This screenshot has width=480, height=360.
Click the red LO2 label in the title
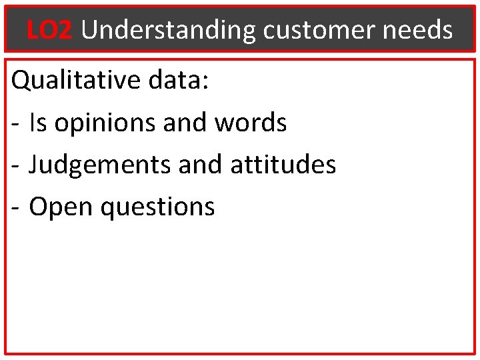[49, 30]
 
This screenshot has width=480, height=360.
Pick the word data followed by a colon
[177, 81]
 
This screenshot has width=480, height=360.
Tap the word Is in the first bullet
[38, 123]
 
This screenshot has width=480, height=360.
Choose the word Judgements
[99, 165]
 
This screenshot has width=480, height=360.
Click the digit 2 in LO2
[65, 30]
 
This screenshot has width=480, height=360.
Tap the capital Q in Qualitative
[21, 81]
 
